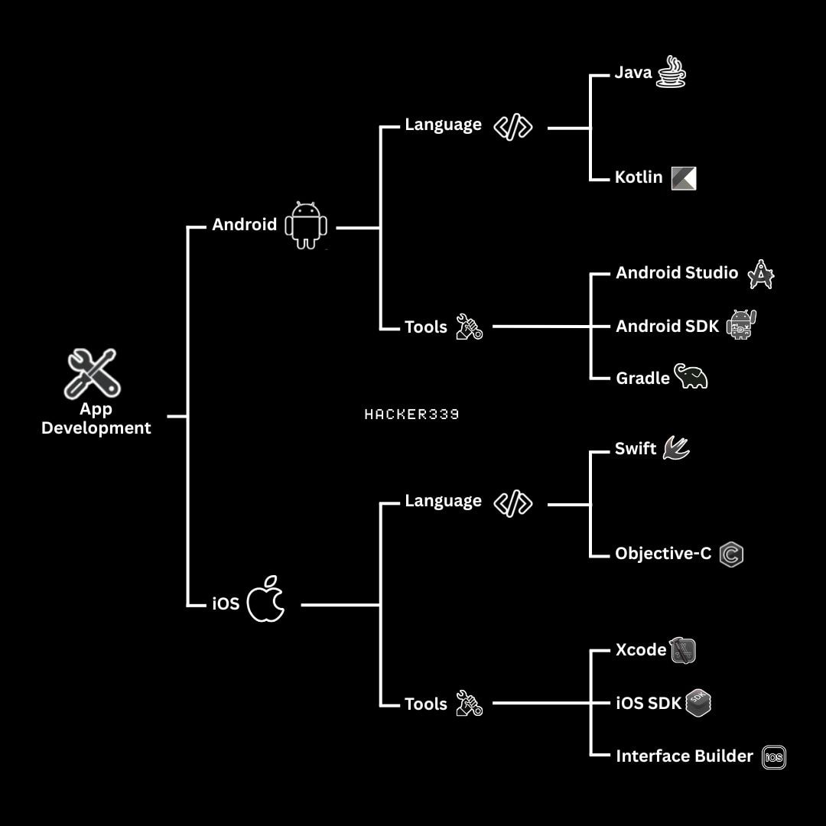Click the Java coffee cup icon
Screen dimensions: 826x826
tap(672, 71)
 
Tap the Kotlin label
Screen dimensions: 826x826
tap(639, 177)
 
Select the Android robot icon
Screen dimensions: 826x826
tap(306, 225)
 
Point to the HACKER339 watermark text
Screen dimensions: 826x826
tap(411, 415)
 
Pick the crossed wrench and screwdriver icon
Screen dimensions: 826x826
tap(93, 372)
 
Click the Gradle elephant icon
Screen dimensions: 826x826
tap(691, 376)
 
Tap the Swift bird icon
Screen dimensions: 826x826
tap(676, 447)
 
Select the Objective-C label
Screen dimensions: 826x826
tap(663, 553)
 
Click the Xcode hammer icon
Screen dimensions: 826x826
tap(682, 651)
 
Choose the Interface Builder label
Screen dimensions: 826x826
tap(685, 756)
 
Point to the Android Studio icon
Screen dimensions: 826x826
tap(761, 274)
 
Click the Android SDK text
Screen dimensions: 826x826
tap(667, 326)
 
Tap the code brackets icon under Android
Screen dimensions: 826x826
tap(512, 126)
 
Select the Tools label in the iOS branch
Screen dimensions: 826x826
tap(426, 704)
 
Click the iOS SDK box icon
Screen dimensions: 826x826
tap(698, 703)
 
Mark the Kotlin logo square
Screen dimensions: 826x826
tap(684, 178)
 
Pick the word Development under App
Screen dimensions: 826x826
tap(96, 428)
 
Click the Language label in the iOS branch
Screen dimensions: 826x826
tap(444, 501)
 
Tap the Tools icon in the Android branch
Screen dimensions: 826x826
tap(469, 327)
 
